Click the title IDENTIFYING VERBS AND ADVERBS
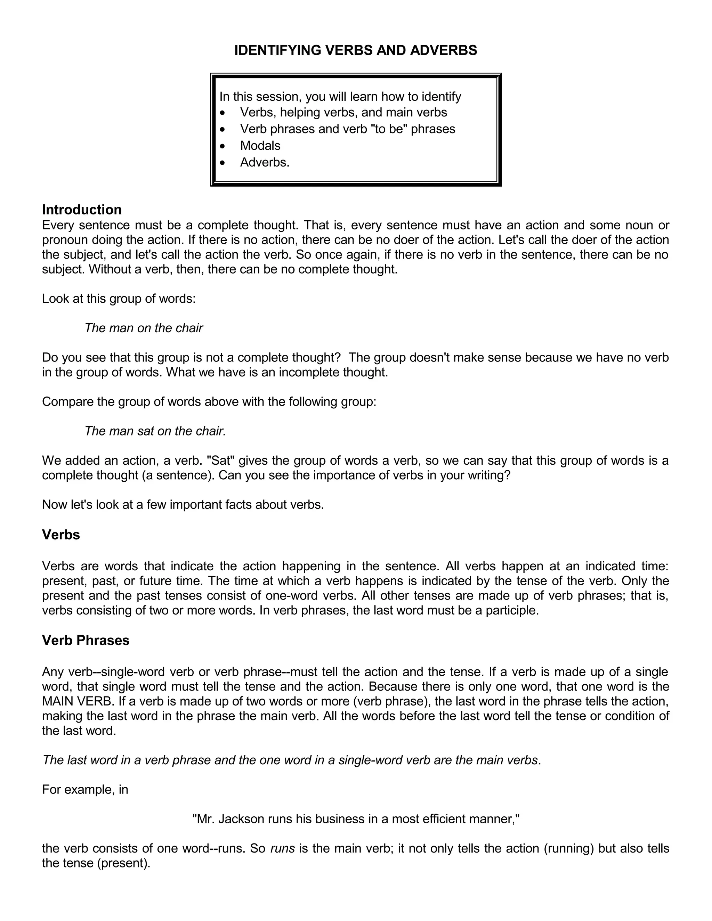pos(356,50)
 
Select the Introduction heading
pos(82,210)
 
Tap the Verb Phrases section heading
pos(86,640)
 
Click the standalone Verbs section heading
pos(61,535)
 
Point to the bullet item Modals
pos(260,146)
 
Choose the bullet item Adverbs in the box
pos(265,162)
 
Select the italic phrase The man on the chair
pos(144,328)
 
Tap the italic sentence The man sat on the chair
pos(155,431)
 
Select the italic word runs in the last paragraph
pos(282,848)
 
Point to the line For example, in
pos(85,789)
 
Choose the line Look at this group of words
pos(119,299)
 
